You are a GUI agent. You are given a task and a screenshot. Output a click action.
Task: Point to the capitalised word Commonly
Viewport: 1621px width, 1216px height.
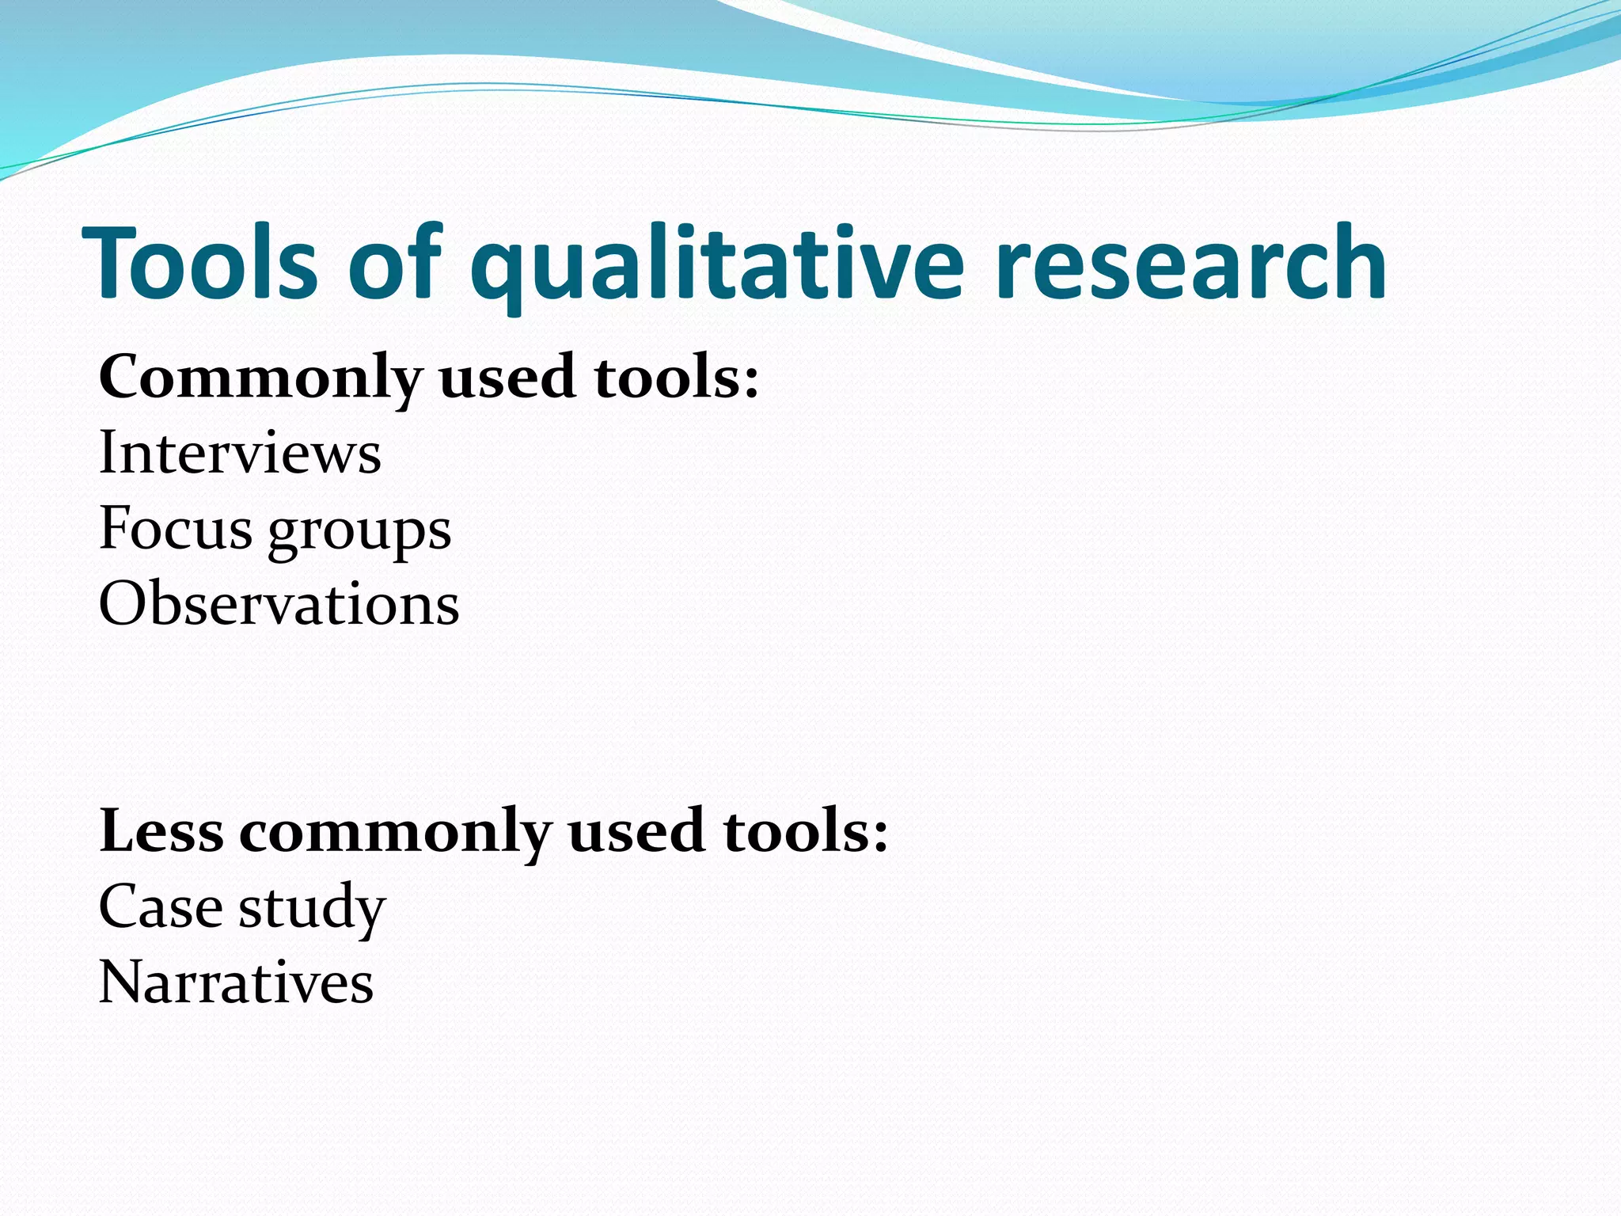260,378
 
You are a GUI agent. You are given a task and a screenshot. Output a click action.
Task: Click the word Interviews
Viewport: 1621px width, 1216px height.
240,453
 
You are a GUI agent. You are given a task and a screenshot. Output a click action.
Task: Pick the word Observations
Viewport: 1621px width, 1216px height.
279,604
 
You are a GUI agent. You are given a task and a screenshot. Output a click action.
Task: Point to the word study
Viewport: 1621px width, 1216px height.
312,909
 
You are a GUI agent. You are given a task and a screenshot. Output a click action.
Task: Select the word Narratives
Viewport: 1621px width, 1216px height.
236,982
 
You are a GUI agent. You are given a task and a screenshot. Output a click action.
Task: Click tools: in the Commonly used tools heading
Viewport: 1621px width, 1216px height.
677,377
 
